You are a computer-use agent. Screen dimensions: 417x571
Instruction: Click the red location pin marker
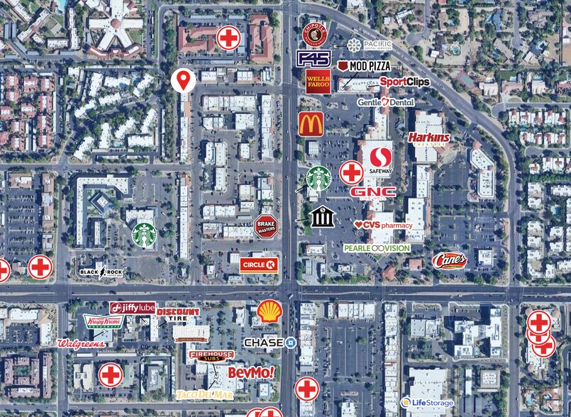pyautogui.click(x=184, y=79)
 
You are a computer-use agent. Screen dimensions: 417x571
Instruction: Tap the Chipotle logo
pyautogui.click(x=314, y=34)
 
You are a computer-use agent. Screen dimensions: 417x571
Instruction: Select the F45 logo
pyautogui.click(x=314, y=58)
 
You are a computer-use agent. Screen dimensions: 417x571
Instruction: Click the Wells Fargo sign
pyautogui.click(x=318, y=82)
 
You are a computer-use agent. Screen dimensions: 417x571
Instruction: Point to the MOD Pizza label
pyautogui.click(x=365, y=65)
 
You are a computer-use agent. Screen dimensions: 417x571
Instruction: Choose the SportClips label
pyautogui.click(x=404, y=82)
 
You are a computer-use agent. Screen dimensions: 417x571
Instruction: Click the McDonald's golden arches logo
pyautogui.click(x=311, y=124)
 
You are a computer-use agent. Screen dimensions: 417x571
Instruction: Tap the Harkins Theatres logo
pyautogui.click(x=429, y=137)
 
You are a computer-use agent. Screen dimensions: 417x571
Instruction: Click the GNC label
pyautogui.click(x=373, y=192)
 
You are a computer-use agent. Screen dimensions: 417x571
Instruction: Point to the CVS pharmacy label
pyautogui.click(x=383, y=225)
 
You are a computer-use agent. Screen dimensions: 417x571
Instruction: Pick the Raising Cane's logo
pyautogui.click(x=449, y=260)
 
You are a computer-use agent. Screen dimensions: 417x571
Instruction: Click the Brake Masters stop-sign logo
pyautogui.click(x=265, y=226)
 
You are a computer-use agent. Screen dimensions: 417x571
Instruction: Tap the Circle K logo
pyautogui.click(x=259, y=265)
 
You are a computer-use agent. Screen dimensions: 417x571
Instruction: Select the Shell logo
pyautogui.click(x=269, y=311)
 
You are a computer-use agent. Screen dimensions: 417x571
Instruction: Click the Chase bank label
pyautogui.click(x=270, y=343)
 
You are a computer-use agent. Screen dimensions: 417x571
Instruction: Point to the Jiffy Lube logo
pyautogui.click(x=133, y=308)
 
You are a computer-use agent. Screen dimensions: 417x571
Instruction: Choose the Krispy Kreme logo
pyautogui.click(x=102, y=321)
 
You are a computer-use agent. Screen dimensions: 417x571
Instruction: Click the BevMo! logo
pyautogui.click(x=250, y=372)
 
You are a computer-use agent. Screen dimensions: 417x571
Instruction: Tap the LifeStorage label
pyautogui.click(x=427, y=403)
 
